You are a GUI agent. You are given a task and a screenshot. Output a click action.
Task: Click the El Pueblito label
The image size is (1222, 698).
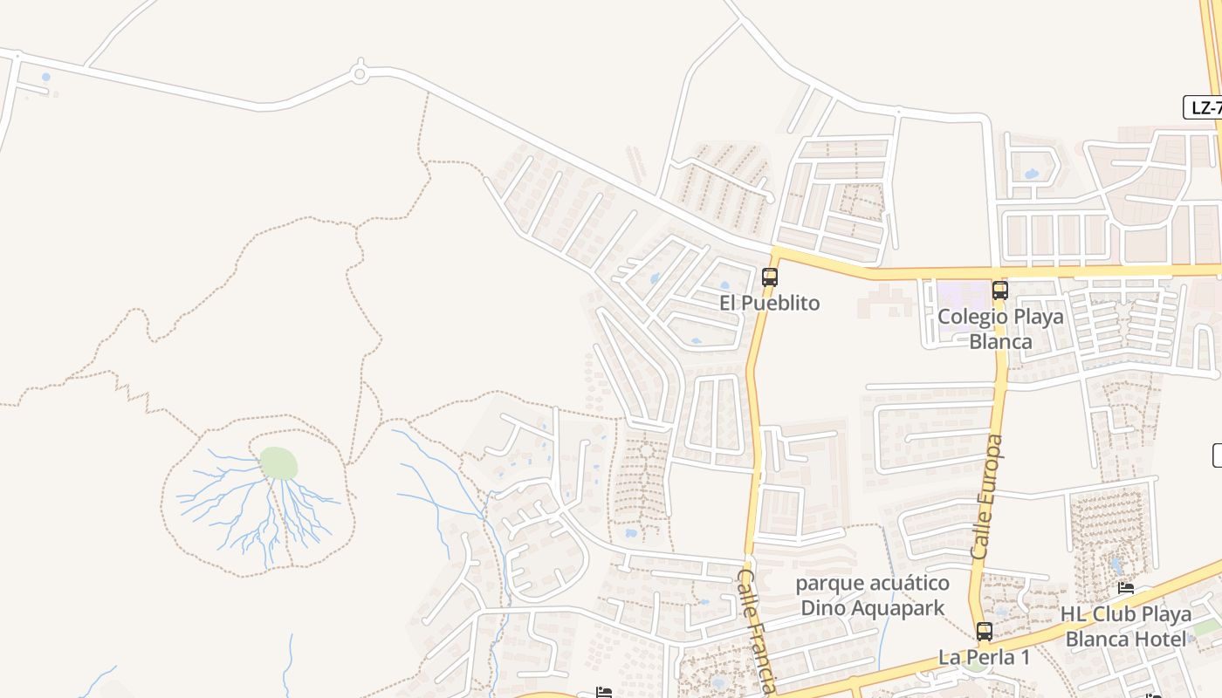769,303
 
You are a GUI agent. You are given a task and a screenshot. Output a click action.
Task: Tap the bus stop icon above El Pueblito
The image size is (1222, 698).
769,277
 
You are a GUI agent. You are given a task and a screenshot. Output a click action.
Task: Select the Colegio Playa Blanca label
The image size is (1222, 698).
1000,328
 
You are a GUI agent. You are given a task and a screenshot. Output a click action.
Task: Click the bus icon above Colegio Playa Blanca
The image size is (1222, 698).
1000,291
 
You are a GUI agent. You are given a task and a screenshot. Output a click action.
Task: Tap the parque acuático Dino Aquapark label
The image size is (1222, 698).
872,595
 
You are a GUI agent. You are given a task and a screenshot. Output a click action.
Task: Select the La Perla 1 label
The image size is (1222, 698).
984,656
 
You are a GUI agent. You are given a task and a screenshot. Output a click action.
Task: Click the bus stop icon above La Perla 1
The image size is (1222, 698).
985,632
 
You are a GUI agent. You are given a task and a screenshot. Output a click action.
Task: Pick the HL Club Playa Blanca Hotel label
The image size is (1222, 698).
1126,626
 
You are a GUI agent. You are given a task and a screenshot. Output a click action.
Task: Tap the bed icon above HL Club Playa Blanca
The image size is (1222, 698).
1126,589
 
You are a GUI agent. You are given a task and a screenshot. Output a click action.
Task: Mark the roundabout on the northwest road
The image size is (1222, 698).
359,74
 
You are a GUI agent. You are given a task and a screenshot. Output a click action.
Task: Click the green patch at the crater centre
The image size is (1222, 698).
278,463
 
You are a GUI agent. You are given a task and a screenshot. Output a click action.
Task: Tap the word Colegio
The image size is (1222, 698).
966,316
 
